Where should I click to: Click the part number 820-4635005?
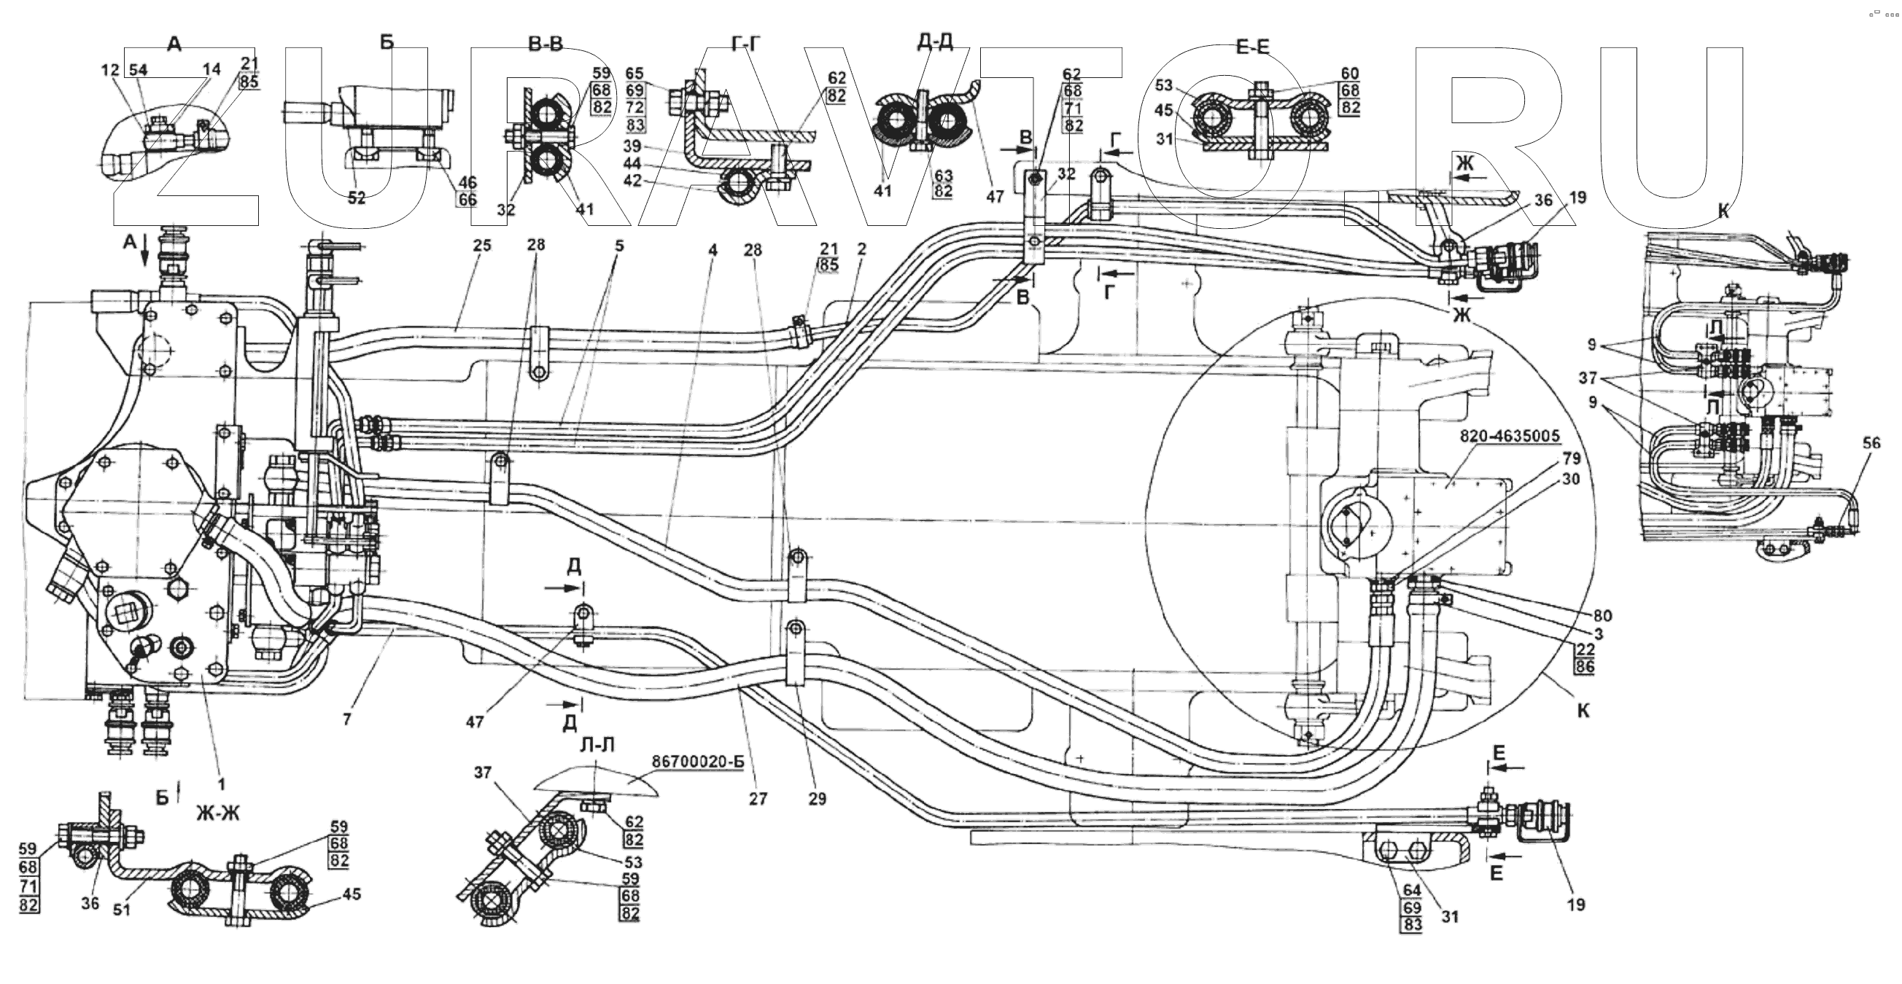(1510, 437)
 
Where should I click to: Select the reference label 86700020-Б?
(698, 762)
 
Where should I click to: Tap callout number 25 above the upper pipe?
(481, 246)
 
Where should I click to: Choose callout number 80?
(1602, 616)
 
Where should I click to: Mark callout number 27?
(758, 799)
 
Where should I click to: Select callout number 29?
(817, 799)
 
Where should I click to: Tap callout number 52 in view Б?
(357, 199)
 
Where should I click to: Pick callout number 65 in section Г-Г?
(635, 74)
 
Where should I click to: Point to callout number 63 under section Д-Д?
(943, 176)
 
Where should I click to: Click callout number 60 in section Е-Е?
(1350, 74)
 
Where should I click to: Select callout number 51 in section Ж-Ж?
(121, 910)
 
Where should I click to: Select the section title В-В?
(545, 45)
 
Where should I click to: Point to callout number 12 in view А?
(110, 70)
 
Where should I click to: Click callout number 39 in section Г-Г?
(632, 147)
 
